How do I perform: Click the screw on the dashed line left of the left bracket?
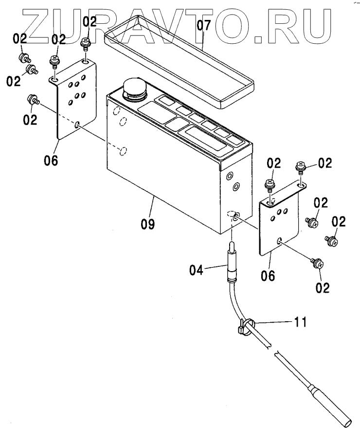[x=33, y=99]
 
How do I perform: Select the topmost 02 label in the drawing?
[x=90, y=21]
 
